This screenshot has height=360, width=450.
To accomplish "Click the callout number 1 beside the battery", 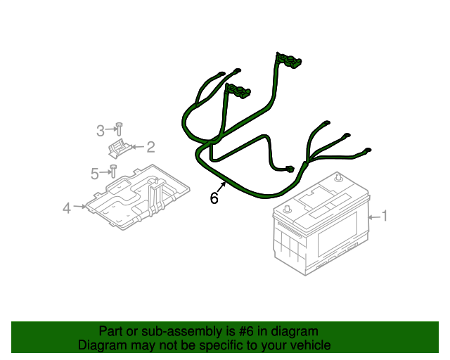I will click(x=385, y=216).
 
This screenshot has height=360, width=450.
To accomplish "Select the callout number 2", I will click(x=150, y=147).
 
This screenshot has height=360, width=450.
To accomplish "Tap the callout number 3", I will click(x=101, y=130).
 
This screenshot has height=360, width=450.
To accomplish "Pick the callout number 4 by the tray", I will click(x=67, y=208).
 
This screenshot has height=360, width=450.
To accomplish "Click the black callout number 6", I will click(x=214, y=198).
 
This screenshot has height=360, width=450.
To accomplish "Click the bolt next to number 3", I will click(x=118, y=129).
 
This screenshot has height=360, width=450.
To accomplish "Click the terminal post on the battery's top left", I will click(x=287, y=209).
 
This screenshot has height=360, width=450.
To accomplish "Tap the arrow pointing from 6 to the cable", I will click(x=222, y=186).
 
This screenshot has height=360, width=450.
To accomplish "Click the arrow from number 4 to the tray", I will click(x=81, y=207).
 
